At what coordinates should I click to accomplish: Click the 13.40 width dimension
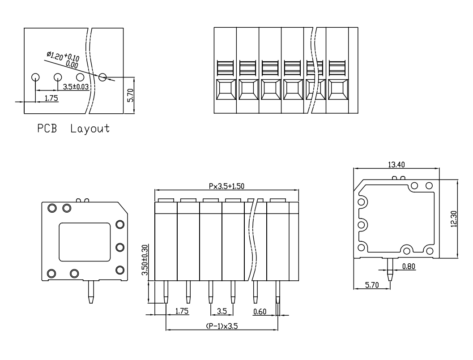tap(396, 164)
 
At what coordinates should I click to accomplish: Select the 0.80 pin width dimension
tap(409, 266)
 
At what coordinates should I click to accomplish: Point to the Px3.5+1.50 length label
tap(226, 186)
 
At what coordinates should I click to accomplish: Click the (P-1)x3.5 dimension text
tap(222, 326)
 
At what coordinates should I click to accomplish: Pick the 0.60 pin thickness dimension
tap(260, 311)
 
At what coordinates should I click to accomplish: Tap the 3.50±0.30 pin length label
tap(145, 260)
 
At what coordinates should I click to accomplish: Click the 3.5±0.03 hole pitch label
tap(76, 87)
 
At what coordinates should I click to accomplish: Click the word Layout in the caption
tap(90, 129)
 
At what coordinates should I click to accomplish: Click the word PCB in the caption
tap(47, 128)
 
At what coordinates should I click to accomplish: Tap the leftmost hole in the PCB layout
tap(35, 77)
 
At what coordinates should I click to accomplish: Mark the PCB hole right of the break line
tap(102, 77)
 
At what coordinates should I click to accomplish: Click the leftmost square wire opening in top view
tap(226, 90)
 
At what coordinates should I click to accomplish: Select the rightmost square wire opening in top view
tap(338, 90)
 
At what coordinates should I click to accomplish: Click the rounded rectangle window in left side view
tap(85, 242)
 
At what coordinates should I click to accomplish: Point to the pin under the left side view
tap(91, 292)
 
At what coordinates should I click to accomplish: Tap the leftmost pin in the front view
tap(166, 292)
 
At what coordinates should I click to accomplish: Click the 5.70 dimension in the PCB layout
tap(130, 95)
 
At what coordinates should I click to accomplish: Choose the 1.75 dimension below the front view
tap(182, 311)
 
